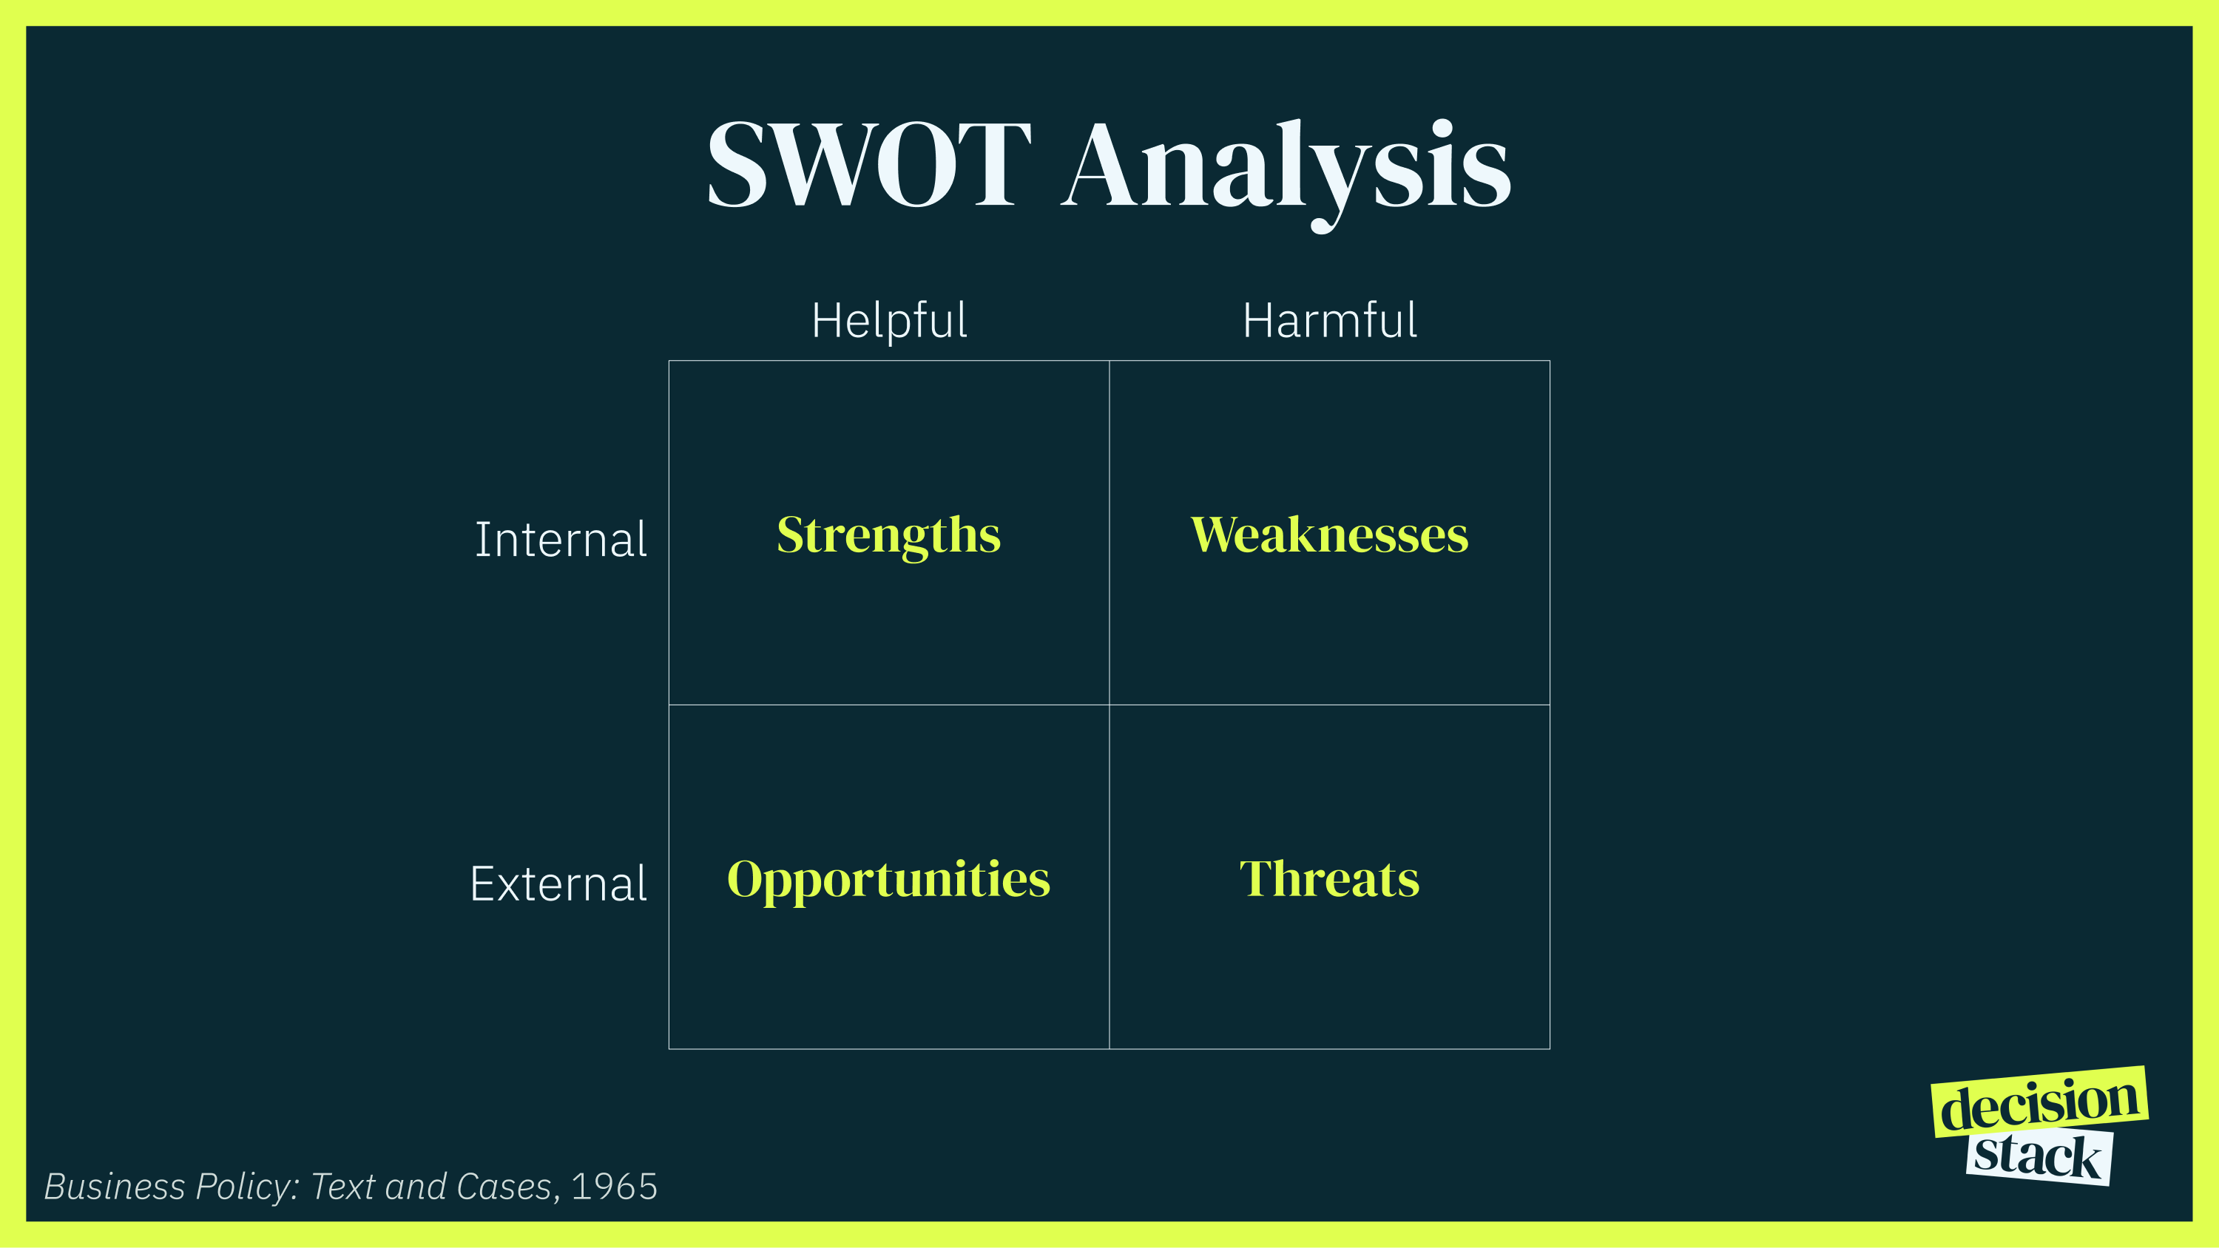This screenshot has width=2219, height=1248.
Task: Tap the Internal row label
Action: [560, 540]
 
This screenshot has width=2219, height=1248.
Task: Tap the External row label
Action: [558, 884]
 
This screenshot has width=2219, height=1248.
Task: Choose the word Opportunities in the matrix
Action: [889, 881]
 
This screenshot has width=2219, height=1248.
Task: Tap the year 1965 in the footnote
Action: [614, 1187]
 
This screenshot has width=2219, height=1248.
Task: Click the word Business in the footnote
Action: [115, 1187]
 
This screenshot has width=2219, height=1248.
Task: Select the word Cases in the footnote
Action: [504, 1187]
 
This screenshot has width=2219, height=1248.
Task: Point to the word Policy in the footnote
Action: [246, 1187]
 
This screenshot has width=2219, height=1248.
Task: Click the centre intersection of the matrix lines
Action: [1109, 705]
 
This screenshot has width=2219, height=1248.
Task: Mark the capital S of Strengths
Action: [790, 535]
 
